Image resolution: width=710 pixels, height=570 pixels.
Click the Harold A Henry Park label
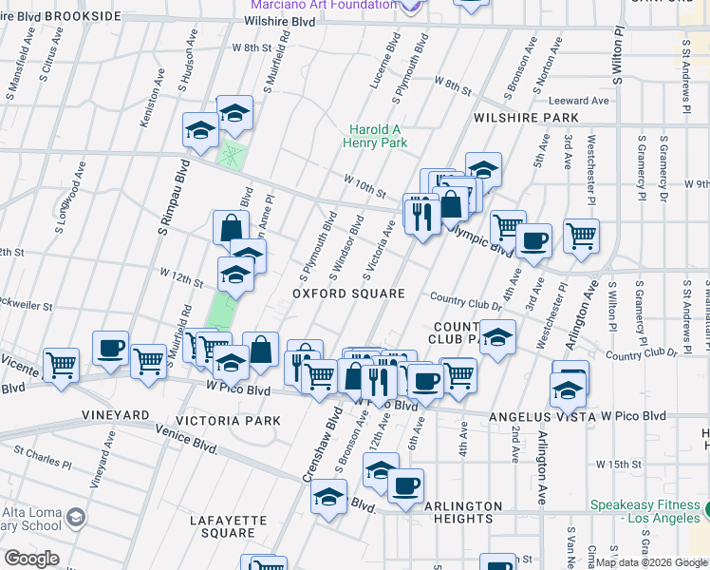point(377,136)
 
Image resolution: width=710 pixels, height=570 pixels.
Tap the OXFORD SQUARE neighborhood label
point(348,294)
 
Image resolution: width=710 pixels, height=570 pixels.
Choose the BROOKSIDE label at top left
point(82,17)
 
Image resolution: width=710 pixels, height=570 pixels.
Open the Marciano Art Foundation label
point(333,5)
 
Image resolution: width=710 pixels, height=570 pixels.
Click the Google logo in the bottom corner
point(30,559)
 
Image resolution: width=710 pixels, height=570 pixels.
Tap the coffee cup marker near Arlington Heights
point(405,485)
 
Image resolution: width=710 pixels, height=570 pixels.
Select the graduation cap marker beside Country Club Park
point(497,337)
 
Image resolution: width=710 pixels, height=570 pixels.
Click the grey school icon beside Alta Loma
point(75,518)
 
